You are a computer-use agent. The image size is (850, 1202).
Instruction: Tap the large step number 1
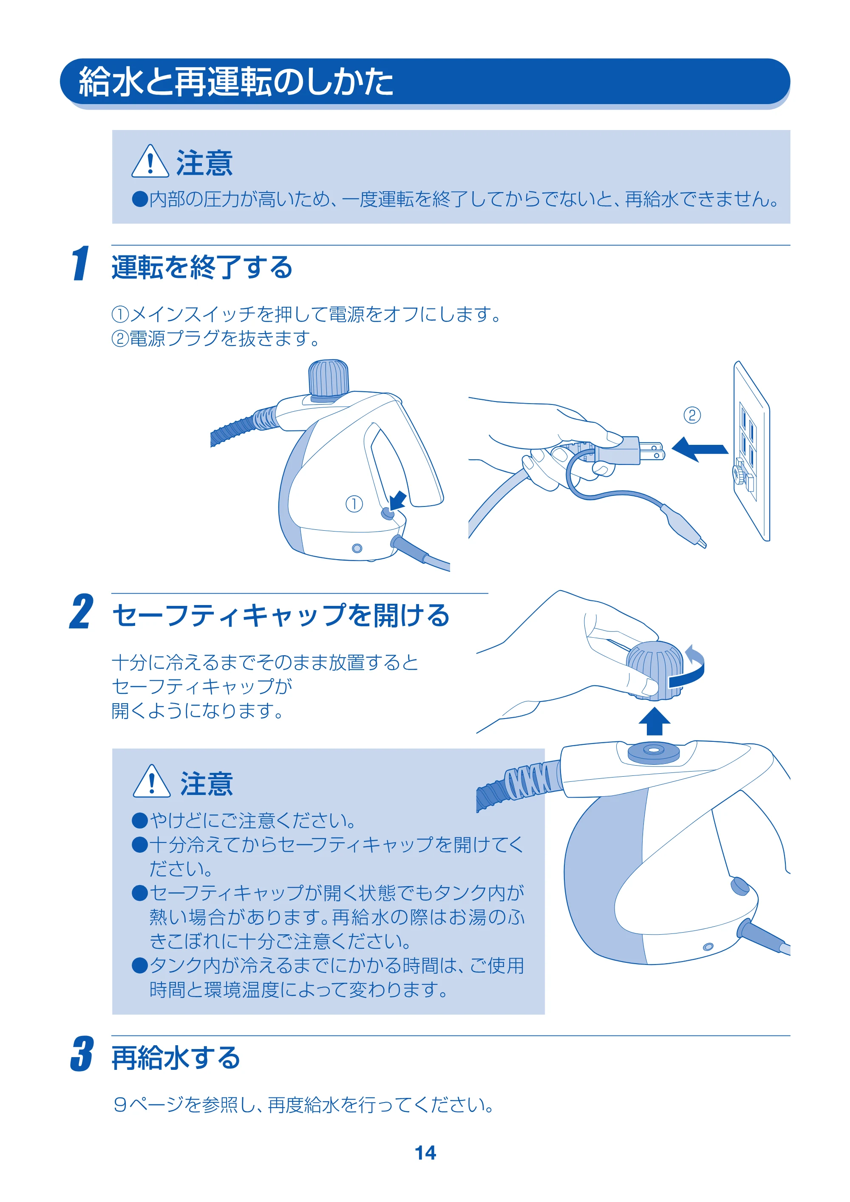coord(81,263)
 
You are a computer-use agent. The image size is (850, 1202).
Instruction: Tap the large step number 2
coord(82,611)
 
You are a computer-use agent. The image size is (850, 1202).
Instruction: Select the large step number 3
coord(82,1053)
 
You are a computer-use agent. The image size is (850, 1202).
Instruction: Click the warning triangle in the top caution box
coord(150,161)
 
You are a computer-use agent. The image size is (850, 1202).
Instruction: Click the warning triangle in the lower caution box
coord(152,781)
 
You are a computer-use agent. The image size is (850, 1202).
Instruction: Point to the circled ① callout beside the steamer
coord(354,504)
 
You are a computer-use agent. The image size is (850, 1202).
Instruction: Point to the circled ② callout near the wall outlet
coord(692,415)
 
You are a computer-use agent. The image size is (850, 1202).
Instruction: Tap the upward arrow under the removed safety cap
coord(654,721)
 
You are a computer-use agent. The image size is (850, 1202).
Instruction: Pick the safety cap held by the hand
coord(654,670)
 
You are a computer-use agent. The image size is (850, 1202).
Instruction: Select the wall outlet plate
coord(751,450)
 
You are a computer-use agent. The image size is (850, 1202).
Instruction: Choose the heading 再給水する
coord(176,1057)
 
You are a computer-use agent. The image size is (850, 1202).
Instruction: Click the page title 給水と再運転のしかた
coord(236,82)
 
